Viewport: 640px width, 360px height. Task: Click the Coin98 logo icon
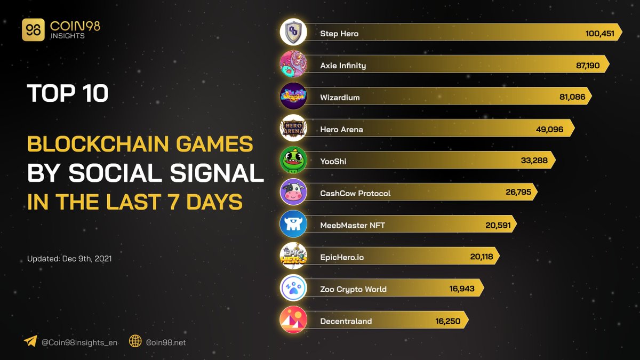33,30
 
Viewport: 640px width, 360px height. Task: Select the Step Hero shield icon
293,33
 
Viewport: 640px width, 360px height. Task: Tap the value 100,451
599,34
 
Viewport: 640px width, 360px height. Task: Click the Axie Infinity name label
343,66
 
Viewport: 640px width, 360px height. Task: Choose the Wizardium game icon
293,97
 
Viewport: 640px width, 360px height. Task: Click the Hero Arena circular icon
293,129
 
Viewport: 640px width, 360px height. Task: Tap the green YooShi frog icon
293,161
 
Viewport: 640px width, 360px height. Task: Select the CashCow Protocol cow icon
293,193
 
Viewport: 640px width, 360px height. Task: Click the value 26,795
519,193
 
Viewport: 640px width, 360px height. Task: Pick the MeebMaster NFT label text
353,225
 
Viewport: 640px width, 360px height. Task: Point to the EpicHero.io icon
293,257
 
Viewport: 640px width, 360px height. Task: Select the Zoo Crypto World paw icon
293,289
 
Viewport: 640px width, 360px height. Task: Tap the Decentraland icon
293,320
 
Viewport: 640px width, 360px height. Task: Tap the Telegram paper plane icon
30,342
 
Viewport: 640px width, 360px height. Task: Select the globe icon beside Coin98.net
135,342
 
